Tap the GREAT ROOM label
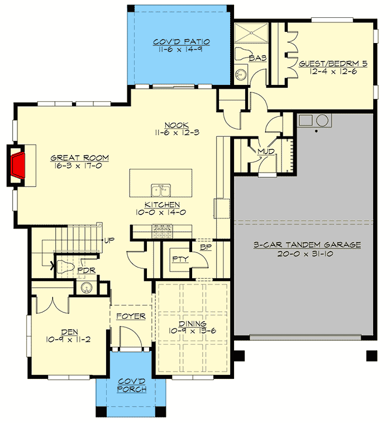pos(79,158)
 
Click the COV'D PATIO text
pos(174,41)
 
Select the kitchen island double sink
pos(160,189)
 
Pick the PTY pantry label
pos(179,259)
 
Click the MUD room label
pos(264,151)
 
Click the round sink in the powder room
pos(86,288)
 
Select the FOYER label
pos(131,316)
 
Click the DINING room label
pos(193,324)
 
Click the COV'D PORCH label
pos(132,385)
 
